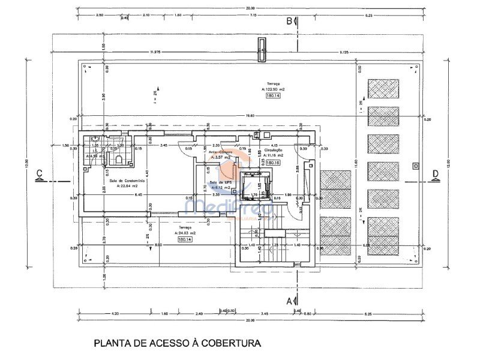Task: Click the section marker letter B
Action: click(x=289, y=22)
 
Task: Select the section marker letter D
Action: click(x=435, y=174)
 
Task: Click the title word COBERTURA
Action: click(x=231, y=343)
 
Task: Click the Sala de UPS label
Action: click(x=220, y=182)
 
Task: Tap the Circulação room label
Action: click(x=273, y=150)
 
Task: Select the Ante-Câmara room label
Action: click(x=220, y=152)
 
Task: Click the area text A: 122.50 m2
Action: click(x=273, y=89)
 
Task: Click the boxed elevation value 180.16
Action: click(x=274, y=163)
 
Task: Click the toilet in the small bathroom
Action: click(x=119, y=159)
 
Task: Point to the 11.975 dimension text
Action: click(x=155, y=53)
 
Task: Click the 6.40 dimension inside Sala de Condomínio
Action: click(x=137, y=195)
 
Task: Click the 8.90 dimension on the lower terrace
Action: click(x=158, y=245)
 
